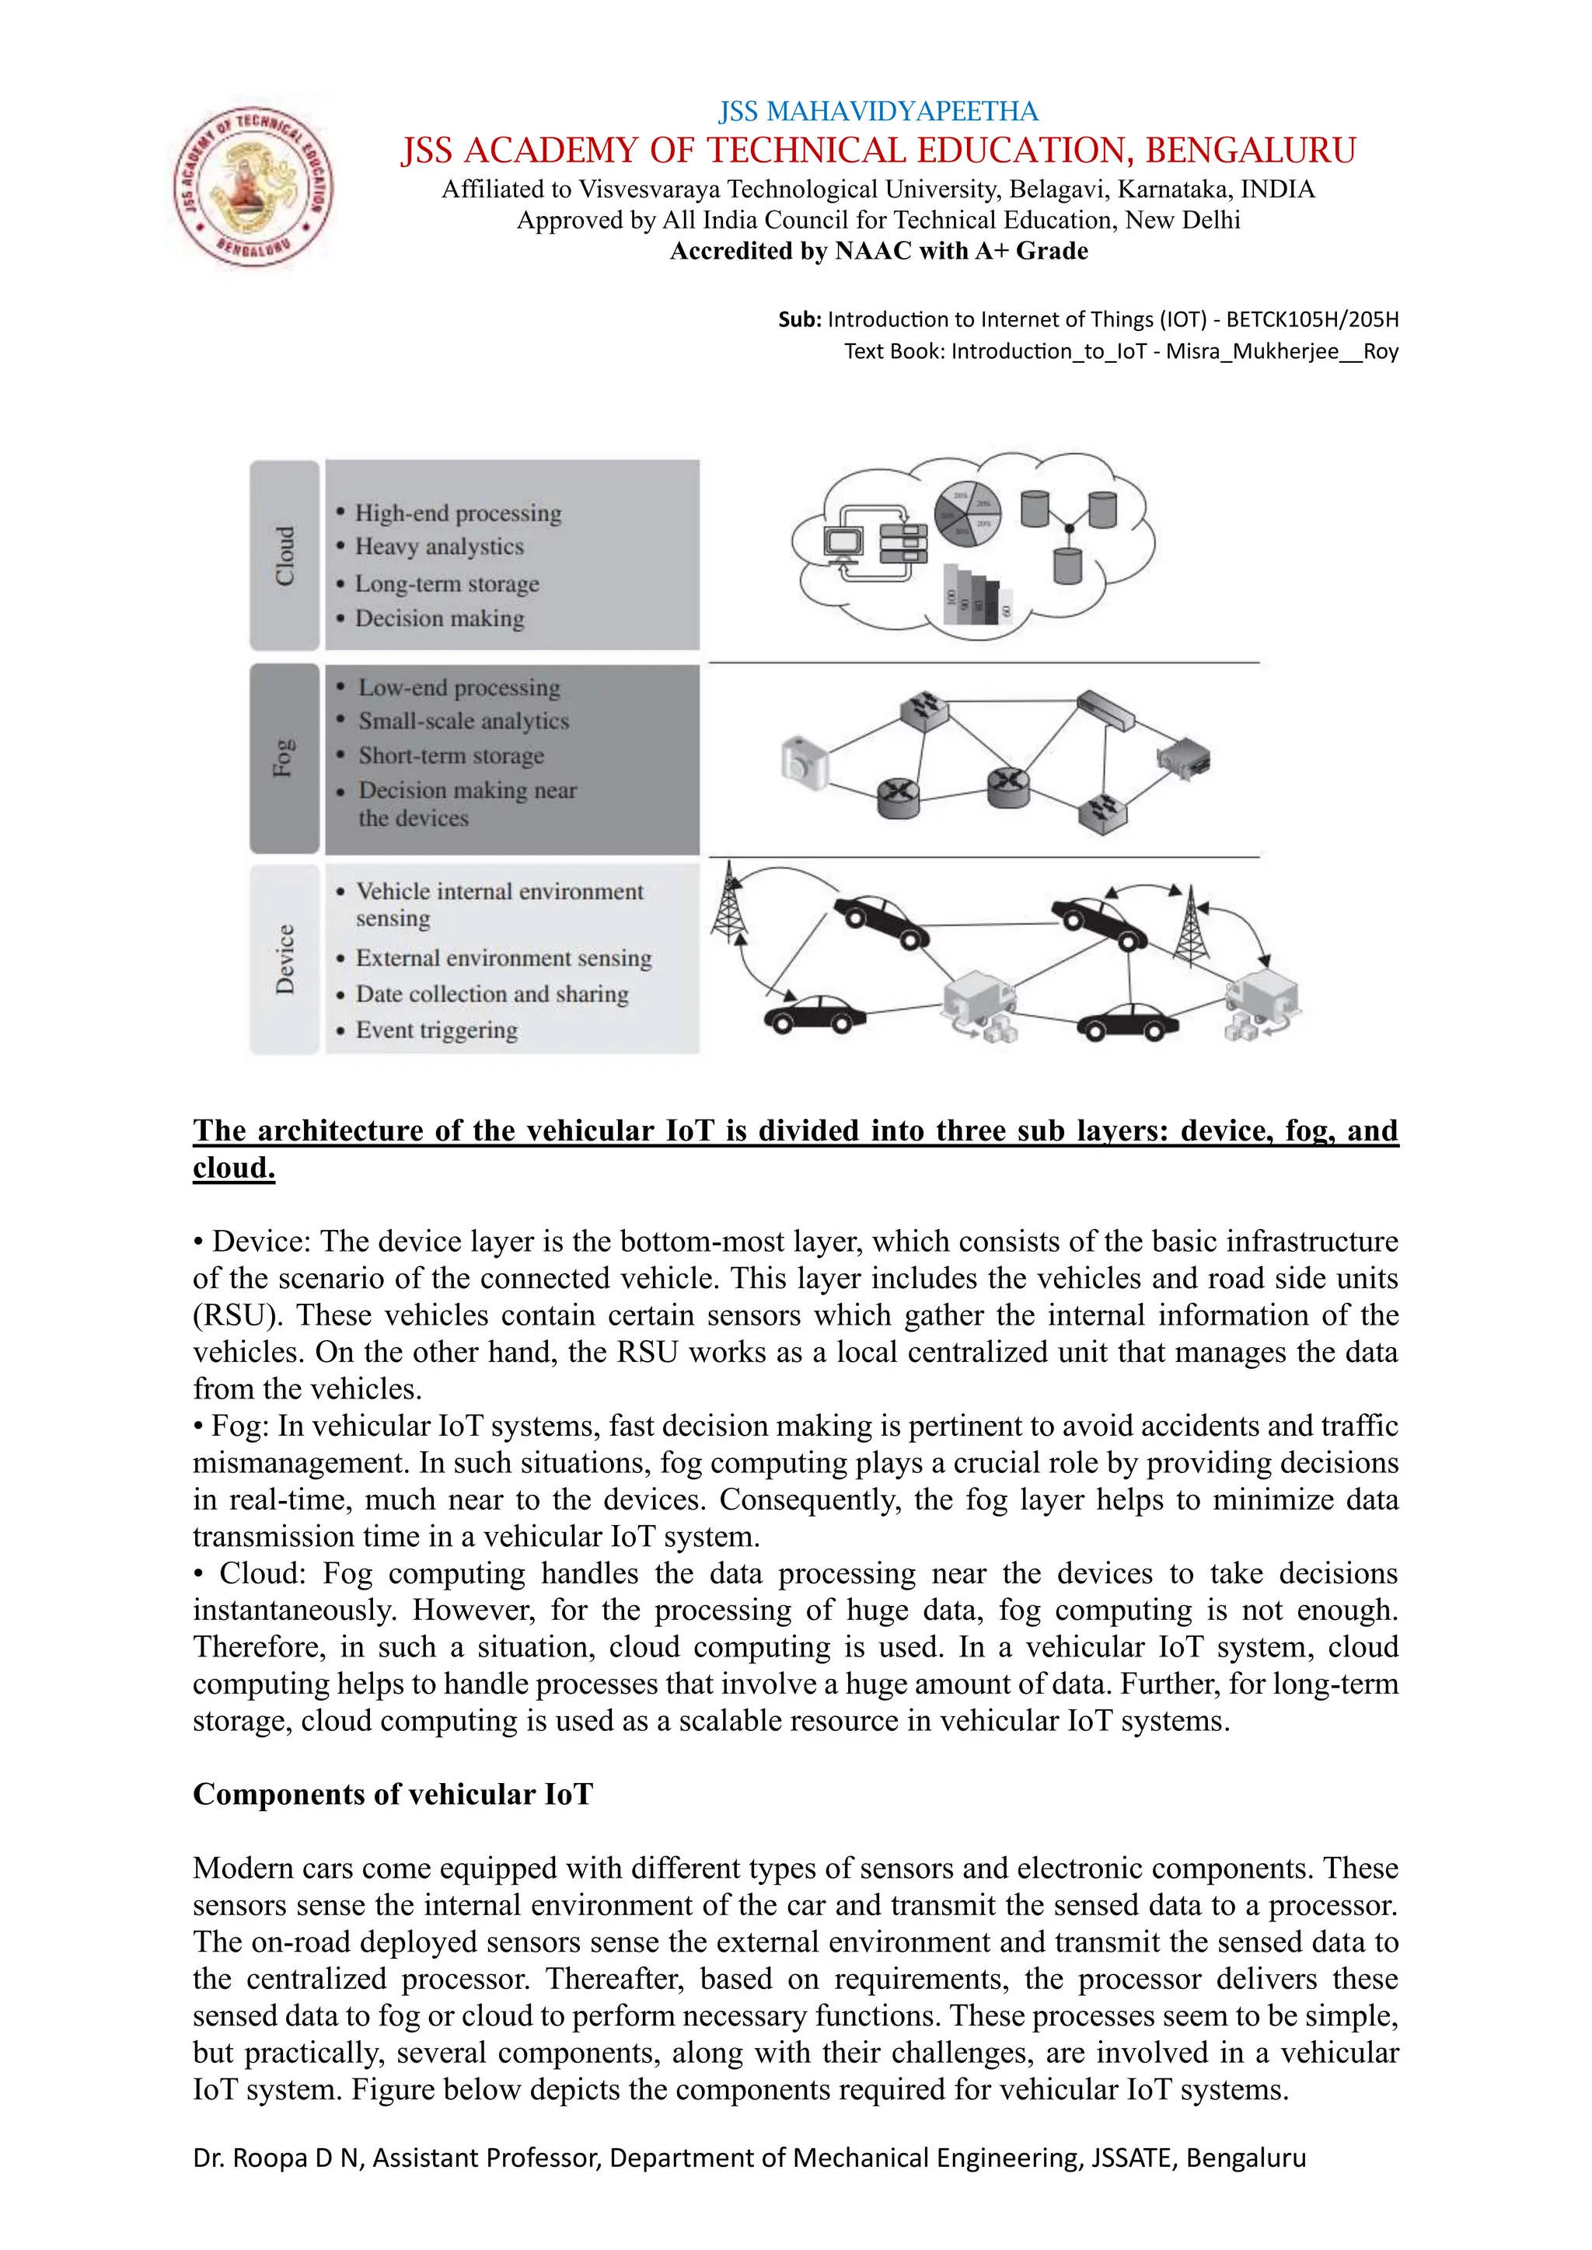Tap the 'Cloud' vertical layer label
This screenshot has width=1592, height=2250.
pyautogui.click(x=285, y=556)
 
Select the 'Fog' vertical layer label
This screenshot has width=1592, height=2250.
pyautogui.click(x=285, y=758)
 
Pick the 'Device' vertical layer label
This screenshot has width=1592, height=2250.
pyautogui.click(x=285, y=960)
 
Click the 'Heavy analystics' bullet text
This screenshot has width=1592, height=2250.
pyautogui.click(x=439, y=547)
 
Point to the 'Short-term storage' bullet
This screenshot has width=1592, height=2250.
pyautogui.click(x=451, y=755)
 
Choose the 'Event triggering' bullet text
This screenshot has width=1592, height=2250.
pyautogui.click(x=436, y=1030)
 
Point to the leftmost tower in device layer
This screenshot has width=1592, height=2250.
pyautogui.click(x=728, y=900)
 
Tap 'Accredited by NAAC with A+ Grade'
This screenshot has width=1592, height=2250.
pyautogui.click(x=878, y=251)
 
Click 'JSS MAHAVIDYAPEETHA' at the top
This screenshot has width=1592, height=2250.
pyautogui.click(x=878, y=111)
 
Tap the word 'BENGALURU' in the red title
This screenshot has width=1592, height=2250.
pyautogui.click(x=1250, y=151)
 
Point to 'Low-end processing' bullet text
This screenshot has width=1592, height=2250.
pyautogui.click(x=459, y=688)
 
